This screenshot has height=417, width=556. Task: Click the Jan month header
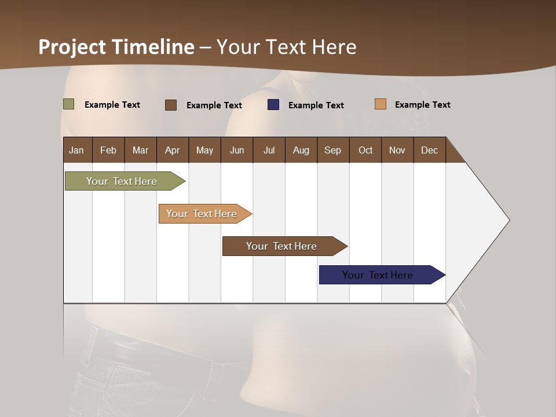point(76,150)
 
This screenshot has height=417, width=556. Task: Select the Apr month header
point(172,150)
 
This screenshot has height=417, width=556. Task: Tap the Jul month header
point(269,150)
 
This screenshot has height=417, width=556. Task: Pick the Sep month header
point(332,150)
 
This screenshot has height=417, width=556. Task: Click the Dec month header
point(429,150)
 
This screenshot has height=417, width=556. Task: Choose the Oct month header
point(365,150)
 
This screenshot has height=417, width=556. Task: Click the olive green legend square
point(68,104)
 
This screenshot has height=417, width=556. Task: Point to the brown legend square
point(170,105)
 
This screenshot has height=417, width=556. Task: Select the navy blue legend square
point(273,105)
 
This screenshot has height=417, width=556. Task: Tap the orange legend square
point(380,104)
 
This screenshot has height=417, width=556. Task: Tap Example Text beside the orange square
point(422,105)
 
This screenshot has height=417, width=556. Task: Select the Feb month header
point(108,150)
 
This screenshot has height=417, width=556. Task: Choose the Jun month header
point(237,150)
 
